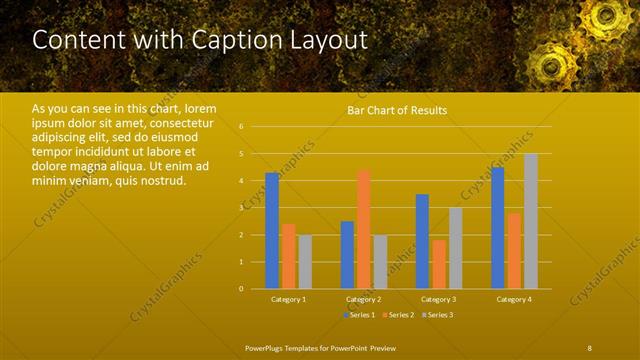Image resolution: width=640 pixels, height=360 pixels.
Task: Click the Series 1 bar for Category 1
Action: coord(272,230)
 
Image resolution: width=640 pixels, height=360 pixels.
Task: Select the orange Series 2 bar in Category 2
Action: coord(363,229)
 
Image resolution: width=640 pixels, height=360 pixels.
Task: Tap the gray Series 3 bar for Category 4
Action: coord(531,221)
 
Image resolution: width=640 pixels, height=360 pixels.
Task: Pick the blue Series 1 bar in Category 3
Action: coord(422,241)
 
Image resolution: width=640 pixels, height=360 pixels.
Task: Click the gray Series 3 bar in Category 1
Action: coord(305,261)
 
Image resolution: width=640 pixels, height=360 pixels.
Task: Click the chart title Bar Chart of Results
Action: coord(397,110)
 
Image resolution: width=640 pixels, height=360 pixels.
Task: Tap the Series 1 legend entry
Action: coord(359,315)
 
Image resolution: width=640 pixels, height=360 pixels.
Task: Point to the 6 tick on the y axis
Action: coord(241,127)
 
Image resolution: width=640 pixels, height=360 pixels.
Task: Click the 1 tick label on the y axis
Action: coord(241,262)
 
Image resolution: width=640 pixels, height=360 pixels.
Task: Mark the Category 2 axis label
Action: coord(364,299)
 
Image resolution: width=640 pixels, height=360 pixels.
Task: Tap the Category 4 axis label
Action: coord(515,299)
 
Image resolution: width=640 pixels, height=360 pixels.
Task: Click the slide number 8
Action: coord(590,347)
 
